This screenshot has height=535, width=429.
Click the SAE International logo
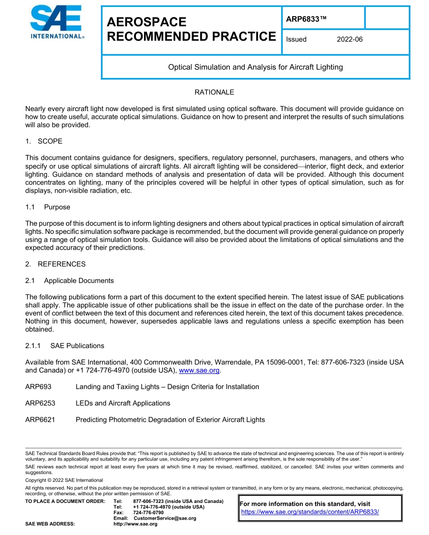tap(57, 23)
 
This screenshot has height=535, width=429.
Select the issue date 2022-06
tap(350, 39)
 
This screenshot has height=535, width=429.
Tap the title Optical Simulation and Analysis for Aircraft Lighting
tap(255, 67)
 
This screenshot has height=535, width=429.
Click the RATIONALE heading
tap(214, 92)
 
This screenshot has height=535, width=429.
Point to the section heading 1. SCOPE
tap(44, 141)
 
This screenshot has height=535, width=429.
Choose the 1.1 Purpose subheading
tap(48, 207)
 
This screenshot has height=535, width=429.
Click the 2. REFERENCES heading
tap(55, 264)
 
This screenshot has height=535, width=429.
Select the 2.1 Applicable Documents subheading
tap(70, 280)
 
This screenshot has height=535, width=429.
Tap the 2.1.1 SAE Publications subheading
tap(65, 346)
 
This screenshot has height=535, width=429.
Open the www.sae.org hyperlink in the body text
tap(199, 371)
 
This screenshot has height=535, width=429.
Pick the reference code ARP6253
tap(40, 403)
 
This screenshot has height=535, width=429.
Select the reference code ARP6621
tap(40, 419)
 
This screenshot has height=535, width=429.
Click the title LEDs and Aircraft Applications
tap(123, 403)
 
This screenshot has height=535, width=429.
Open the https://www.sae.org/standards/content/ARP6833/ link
tap(310, 512)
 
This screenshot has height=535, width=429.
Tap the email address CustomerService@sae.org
tap(165, 518)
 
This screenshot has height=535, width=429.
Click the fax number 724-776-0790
tap(149, 513)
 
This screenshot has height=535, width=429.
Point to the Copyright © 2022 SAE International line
tap(64, 480)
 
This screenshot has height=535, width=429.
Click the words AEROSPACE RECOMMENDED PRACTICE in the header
tap(191, 29)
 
